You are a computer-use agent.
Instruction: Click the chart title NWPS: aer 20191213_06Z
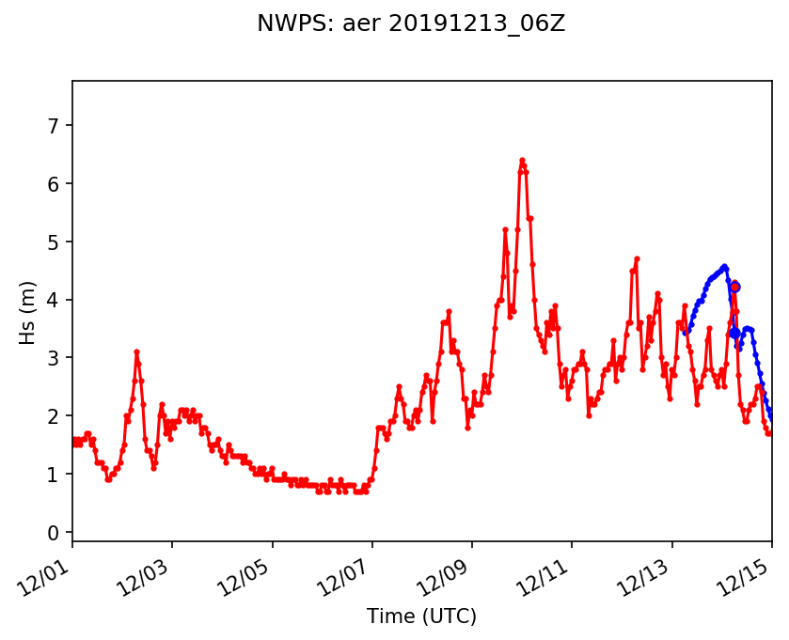[411, 23]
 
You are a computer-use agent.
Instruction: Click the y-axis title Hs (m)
[28, 312]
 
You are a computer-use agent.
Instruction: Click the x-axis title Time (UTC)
[421, 617]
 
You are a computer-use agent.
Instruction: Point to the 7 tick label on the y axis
[54, 126]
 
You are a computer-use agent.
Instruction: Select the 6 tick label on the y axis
[54, 184]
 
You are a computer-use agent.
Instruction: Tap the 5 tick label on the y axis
[54, 242]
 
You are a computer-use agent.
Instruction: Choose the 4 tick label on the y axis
[54, 301]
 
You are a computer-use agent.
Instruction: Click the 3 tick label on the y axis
[54, 358]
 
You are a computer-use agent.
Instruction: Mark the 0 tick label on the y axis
[54, 533]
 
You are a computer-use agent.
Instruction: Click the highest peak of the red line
[522, 161]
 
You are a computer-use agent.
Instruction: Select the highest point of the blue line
[724, 267]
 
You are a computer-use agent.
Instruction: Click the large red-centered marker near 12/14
[734, 287]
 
